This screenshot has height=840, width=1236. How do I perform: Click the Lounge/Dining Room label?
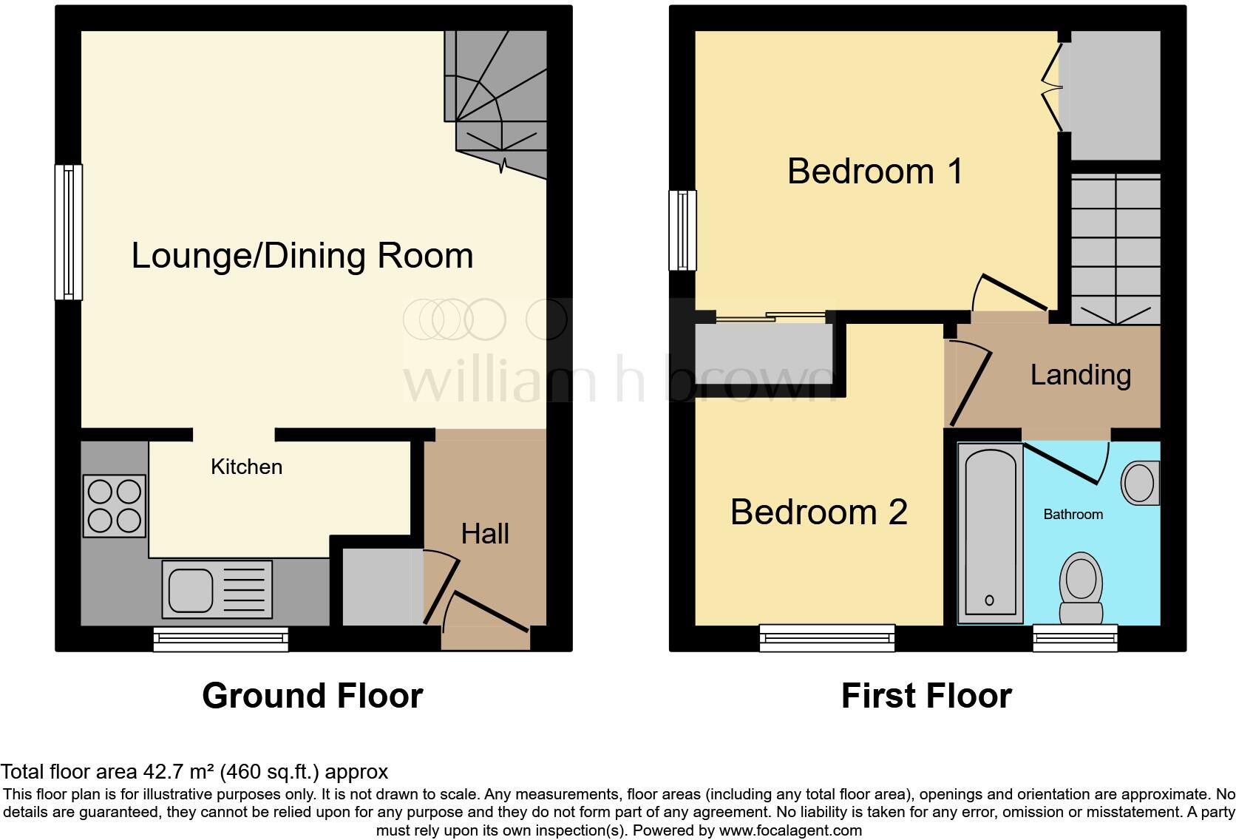tap(302, 256)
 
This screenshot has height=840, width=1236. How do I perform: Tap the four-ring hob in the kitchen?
tap(114, 506)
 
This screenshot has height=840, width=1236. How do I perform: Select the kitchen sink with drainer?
tap(217, 589)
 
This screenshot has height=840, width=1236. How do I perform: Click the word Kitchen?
tap(246, 467)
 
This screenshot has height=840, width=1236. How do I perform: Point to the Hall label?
tap(485, 534)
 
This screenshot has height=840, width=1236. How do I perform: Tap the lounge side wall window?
tap(69, 231)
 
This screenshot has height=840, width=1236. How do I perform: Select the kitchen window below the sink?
tap(220, 639)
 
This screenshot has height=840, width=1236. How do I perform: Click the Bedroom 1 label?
tap(875, 172)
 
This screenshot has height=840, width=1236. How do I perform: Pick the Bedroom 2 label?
tap(818, 512)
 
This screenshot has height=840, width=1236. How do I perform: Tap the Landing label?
tap(1080, 375)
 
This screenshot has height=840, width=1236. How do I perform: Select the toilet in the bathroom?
tap(1081, 588)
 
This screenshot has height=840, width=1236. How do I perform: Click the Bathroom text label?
tap(1073, 514)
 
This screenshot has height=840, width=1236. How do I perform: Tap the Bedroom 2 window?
tap(827, 638)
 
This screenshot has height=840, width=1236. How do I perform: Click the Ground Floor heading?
tap(312, 696)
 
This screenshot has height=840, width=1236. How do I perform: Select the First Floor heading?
tap(926, 696)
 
